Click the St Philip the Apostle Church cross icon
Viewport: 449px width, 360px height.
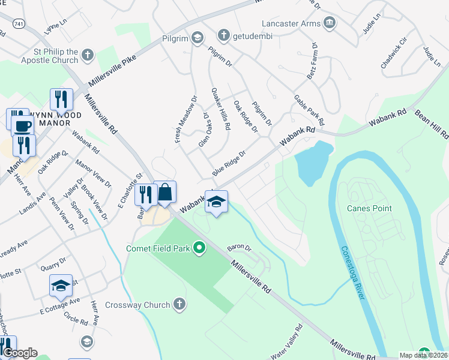[88, 56]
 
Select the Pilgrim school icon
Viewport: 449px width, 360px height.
[197, 38]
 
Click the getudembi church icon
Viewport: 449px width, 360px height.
[223, 35]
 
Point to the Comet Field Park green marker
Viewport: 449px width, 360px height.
[201, 248]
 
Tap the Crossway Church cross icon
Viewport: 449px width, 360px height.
[178, 305]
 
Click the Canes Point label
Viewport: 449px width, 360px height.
[369, 208]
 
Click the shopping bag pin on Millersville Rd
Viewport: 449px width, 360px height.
[165, 193]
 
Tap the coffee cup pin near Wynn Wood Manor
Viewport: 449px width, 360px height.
[23, 126]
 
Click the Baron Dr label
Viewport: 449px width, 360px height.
[238, 247]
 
